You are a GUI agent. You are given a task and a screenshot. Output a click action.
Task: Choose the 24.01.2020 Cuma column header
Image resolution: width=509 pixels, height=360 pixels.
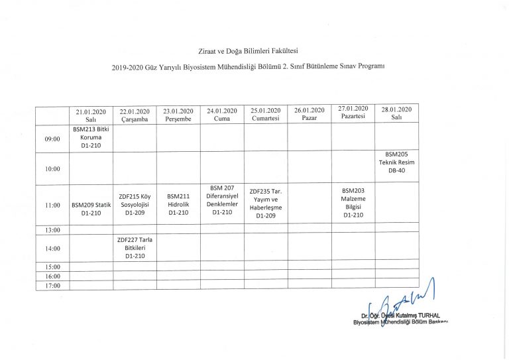(222, 114)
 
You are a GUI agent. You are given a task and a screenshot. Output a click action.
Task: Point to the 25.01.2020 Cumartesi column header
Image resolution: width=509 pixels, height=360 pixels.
(265, 114)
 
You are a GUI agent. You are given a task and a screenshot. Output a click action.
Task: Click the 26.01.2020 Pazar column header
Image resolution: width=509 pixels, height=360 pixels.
(309, 114)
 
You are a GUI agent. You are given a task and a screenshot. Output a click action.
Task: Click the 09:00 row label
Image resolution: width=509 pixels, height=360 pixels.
(52, 139)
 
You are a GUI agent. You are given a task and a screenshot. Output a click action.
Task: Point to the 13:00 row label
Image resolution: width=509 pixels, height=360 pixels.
(52, 230)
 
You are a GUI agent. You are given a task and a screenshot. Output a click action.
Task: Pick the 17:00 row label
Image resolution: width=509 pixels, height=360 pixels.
(52, 285)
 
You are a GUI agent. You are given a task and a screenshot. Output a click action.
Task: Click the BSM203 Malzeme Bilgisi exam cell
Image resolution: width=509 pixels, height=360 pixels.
(352, 203)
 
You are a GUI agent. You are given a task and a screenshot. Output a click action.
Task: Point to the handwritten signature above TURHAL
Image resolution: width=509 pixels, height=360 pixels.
(404, 302)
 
